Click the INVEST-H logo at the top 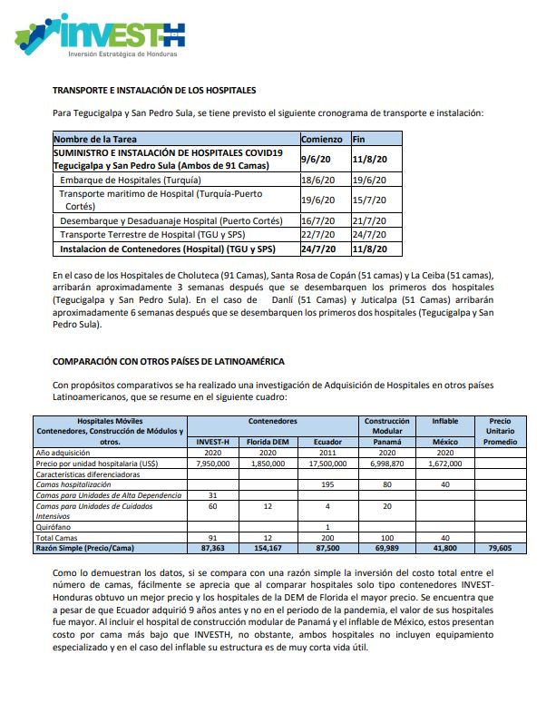click(x=100, y=36)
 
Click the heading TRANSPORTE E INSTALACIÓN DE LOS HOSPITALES click(x=154, y=91)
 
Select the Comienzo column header click(x=321, y=140)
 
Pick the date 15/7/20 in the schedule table click(x=369, y=200)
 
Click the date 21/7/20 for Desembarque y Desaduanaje click(x=369, y=220)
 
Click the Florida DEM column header click(x=268, y=441)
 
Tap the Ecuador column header click(x=327, y=441)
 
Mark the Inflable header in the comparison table click(x=444, y=421)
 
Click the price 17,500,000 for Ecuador click(x=327, y=463)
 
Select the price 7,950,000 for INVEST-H click(x=212, y=463)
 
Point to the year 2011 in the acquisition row click(x=327, y=452)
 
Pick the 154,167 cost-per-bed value click(x=268, y=549)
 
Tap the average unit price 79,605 click(x=501, y=549)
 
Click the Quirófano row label click(x=55, y=527)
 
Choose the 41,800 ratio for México click(x=444, y=549)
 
